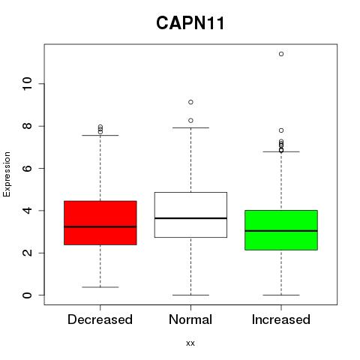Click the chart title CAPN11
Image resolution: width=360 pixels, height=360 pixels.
point(190,23)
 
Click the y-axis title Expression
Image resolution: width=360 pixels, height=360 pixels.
point(7,174)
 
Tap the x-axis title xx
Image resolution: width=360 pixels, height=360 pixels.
point(190,343)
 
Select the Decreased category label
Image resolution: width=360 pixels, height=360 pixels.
point(100,319)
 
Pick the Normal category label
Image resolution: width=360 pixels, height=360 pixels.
point(190,319)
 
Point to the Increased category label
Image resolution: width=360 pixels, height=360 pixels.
point(281,319)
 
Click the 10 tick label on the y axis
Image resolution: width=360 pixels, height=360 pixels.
point(27,84)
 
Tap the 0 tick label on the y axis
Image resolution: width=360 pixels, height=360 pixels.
point(27,295)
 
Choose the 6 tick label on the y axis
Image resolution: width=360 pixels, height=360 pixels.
point(27,168)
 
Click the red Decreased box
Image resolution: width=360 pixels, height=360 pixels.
point(100,223)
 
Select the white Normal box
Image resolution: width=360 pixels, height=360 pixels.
point(190,214)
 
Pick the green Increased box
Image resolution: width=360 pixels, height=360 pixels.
point(281,230)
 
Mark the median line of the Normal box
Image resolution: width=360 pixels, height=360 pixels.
point(190,218)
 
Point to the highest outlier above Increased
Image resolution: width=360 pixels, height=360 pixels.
point(281,54)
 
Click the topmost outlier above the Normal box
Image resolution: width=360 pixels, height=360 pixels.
point(190,102)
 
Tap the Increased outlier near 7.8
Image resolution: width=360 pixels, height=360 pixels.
point(281,130)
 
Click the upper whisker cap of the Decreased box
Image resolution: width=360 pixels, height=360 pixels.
point(100,136)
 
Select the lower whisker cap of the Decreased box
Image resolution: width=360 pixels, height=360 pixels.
point(100,287)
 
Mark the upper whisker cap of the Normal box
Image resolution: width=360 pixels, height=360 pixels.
point(190,127)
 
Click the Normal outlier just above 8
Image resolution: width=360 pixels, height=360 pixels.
point(190,121)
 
